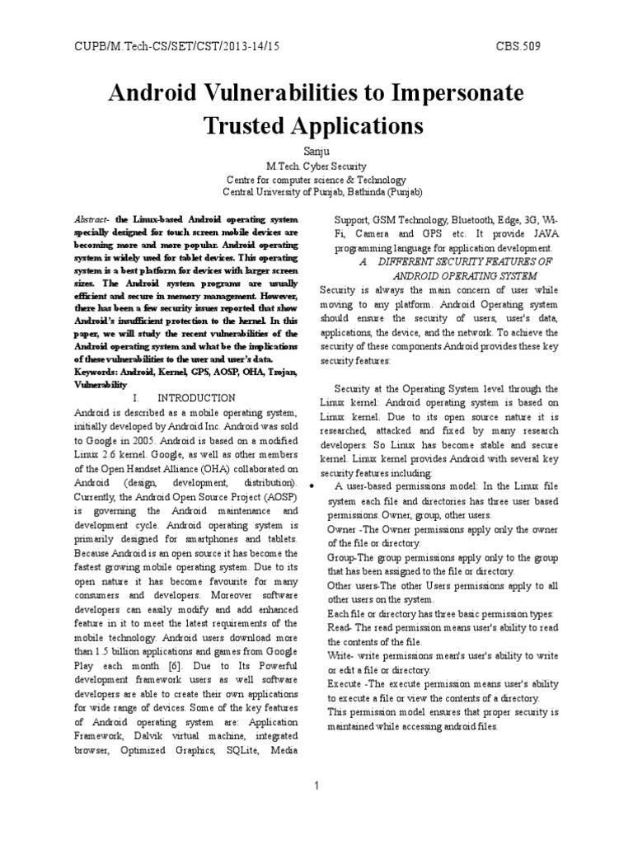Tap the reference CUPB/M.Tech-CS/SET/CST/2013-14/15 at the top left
click(x=164, y=47)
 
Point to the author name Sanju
click(x=316, y=151)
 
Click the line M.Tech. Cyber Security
click(x=316, y=166)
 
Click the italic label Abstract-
click(x=91, y=222)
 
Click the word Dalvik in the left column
click(x=141, y=736)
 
